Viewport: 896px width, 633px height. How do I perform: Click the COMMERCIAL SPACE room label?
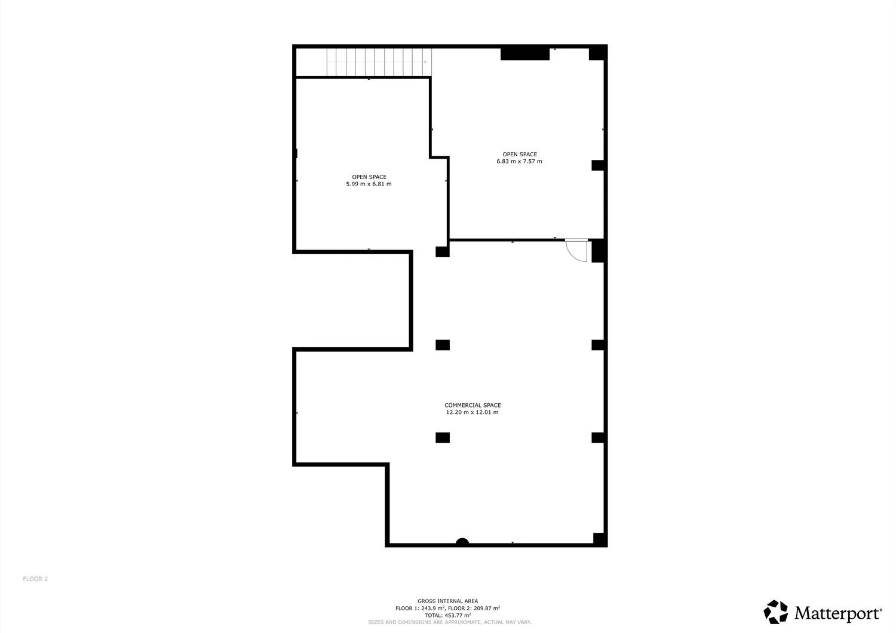point(472,405)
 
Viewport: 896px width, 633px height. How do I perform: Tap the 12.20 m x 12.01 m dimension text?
point(472,412)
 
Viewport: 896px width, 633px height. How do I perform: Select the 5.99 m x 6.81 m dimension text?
point(369,184)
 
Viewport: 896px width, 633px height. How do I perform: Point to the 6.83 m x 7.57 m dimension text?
point(519,162)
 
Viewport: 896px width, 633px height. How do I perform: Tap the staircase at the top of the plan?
point(379,62)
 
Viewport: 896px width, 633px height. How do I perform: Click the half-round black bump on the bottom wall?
point(462,542)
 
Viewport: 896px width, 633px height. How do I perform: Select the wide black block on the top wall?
point(525,54)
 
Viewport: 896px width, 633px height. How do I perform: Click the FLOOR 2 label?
point(35,579)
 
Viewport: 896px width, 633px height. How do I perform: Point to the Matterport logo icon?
point(775,612)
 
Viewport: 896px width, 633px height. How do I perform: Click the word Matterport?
point(838,613)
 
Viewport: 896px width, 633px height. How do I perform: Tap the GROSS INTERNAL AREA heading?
point(447,601)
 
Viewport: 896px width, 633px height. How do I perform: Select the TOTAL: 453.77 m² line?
point(447,616)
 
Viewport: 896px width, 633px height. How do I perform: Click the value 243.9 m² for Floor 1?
point(433,608)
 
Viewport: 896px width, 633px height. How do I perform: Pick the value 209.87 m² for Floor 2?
point(487,608)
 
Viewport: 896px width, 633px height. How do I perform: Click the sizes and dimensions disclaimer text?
point(450,622)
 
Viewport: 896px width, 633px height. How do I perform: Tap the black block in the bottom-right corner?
point(600,539)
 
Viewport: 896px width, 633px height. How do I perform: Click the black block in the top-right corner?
point(598,53)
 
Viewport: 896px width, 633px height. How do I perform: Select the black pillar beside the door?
point(599,251)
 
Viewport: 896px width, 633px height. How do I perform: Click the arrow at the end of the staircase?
point(425,62)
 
